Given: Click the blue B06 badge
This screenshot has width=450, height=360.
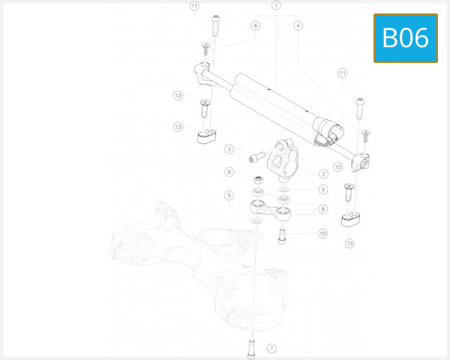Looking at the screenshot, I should coord(405,37).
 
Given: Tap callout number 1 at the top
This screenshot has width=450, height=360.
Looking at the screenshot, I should coord(276,6).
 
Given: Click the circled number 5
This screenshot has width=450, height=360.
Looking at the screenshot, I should coord(229,196).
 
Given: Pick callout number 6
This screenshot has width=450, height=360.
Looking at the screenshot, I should coord(229,172).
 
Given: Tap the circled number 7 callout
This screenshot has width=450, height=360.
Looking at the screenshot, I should coord(271,348).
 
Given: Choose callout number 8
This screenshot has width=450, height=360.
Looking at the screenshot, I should coord(322,208).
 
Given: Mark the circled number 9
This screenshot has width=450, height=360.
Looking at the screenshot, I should coord(322,189).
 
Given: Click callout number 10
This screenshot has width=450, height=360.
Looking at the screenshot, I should coord(322,233).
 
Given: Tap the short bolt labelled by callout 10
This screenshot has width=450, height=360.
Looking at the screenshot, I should coord(283,235).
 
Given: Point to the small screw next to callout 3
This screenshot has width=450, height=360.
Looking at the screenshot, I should coord(257,157).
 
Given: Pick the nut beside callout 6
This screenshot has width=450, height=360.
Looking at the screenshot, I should coord(258,180).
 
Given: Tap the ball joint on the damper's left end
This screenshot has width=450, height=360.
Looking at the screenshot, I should coord(201,73).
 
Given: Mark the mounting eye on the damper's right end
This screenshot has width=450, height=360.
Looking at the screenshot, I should coord(363,162).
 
